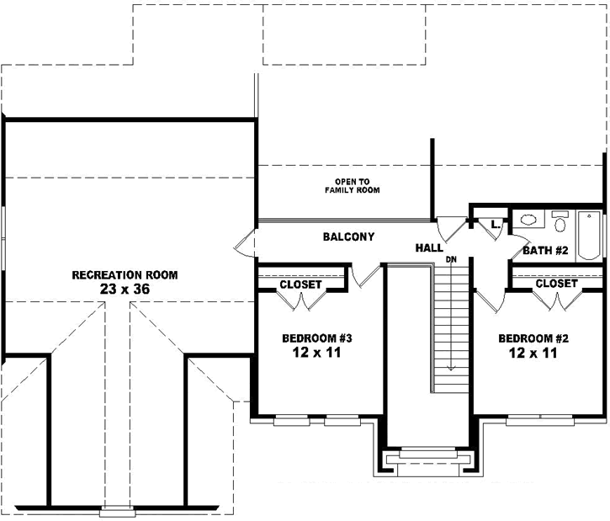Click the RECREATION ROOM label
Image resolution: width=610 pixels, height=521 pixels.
tap(125, 275)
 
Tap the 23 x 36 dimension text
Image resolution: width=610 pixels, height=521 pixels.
tap(125, 289)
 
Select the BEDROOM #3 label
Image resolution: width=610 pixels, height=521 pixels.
tap(316, 338)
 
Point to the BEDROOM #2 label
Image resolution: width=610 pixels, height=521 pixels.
tap(533, 338)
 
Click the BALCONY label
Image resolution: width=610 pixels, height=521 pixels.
tap(348, 237)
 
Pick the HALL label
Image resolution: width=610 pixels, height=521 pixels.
tap(429, 248)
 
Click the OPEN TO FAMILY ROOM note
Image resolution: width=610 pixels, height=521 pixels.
tap(353, 187)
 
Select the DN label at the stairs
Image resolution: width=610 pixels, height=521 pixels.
tap(451, 259)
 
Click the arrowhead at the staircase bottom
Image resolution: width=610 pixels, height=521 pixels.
tap(451, 367)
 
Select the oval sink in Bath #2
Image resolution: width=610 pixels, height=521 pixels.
tap(528, 221)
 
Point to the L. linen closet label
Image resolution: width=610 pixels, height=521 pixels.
tap(495, 225)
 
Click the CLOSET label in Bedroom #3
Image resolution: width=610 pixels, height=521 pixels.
tap(300, 284)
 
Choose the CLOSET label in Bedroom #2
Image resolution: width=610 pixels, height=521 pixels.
tap(556, 284)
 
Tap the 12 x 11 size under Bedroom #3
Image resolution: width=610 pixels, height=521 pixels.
tap(316, 353)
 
